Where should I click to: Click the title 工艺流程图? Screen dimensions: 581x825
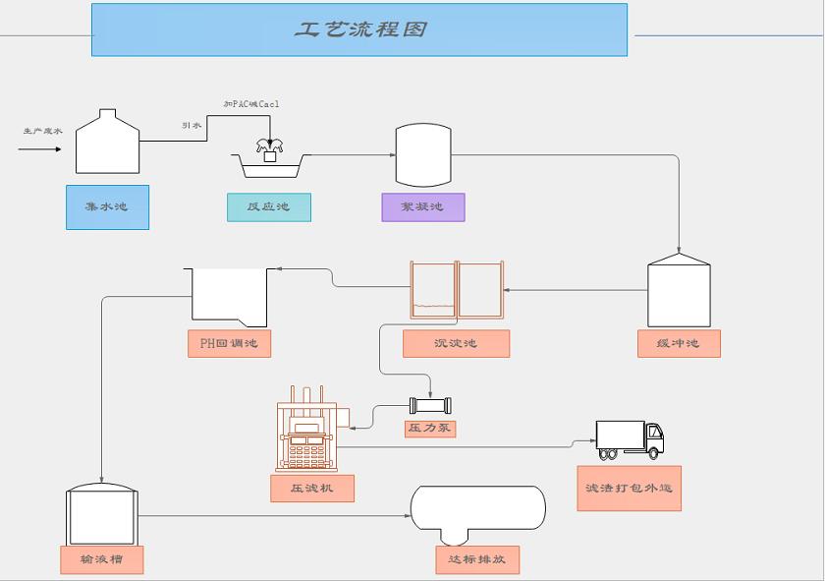point(359,29)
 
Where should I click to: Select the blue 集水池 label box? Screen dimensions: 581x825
point(107,207)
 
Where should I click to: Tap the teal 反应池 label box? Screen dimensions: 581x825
point(269,207)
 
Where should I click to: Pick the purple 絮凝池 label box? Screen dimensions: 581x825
point(422,207)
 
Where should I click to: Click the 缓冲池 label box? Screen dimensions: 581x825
point(679,343)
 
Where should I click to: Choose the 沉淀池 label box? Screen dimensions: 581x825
point(456,343)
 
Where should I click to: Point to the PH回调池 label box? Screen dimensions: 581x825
point(229,343)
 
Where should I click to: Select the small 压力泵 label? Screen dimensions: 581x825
point(430,429)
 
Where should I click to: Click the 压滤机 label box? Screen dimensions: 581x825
point(312,488)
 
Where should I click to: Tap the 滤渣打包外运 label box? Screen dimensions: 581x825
point(629,488)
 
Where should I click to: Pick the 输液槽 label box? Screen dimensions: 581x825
point(101,559)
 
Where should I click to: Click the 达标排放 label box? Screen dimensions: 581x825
point(477,559)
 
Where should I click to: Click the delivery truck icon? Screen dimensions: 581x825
point(630,439)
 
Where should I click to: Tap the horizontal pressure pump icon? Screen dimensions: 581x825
point(431,405)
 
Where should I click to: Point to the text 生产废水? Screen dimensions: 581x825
point(43,131)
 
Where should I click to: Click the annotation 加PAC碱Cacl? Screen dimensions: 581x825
point(251,104)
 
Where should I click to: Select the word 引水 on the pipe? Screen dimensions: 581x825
point(192,126)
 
